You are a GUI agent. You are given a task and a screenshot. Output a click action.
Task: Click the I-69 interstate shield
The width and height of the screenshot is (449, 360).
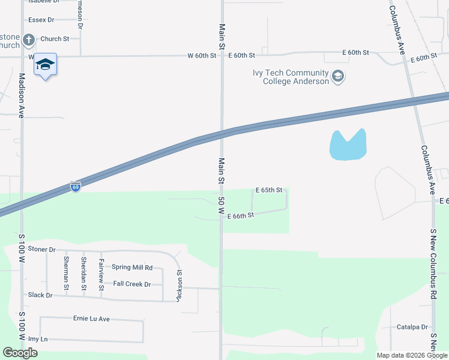(75, 187)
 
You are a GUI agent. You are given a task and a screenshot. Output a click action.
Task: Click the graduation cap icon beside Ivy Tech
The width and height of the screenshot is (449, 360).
(338, 77)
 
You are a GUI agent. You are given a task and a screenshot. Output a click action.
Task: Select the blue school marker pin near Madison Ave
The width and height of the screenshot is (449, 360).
(45, 64)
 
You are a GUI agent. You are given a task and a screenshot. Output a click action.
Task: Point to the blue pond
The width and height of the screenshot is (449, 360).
(347, 146)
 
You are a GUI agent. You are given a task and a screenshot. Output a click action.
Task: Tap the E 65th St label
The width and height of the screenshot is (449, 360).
(268, 190)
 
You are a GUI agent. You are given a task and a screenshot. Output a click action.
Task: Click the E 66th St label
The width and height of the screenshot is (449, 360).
(241, 215)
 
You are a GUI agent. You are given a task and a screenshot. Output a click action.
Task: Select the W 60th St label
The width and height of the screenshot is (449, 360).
(201, 56)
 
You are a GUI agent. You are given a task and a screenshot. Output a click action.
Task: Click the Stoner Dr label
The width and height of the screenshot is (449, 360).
(41, 249)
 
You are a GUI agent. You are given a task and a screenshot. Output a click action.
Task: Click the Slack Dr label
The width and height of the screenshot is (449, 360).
(40, 295)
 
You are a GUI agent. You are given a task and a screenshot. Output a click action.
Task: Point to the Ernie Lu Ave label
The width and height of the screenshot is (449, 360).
(91, 319)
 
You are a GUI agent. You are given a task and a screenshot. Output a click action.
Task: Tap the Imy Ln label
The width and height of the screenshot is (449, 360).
(38, 339)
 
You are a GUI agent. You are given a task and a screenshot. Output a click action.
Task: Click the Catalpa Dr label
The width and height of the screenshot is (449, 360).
(412, 328)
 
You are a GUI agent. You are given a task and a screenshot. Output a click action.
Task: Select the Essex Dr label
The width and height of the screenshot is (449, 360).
(41, 20)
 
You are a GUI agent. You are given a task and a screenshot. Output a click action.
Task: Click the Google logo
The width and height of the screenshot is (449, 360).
(20, 353)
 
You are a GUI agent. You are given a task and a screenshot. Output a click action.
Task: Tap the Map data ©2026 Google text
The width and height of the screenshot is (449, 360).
(411, 355)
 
